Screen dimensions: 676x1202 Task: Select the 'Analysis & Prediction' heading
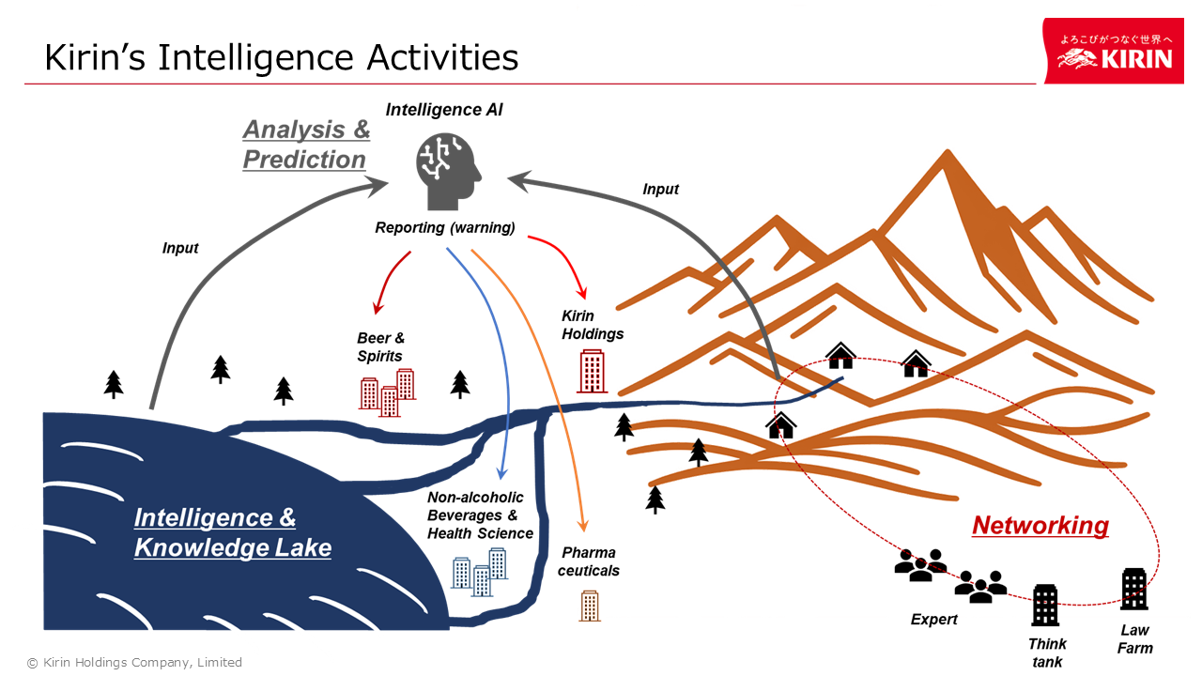tap(306, 145)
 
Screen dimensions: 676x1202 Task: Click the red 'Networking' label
tap(1040, 526)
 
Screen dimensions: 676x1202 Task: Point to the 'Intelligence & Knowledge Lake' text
tap(232, 532)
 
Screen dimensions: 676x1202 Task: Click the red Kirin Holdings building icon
tap(592, 371)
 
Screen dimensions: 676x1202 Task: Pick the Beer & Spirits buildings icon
tap(387, 392)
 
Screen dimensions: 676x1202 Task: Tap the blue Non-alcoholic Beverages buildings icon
tap(479, 570)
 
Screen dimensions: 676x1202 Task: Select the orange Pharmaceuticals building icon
tap(590, 606)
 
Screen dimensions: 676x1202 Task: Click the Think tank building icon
tap(1045, 605)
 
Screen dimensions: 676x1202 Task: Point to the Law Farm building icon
tap(1134, 589)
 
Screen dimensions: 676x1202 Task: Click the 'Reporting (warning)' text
tap(445, 227)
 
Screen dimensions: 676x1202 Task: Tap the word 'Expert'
tap(934, 620)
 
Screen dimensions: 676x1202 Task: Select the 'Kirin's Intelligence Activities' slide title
tap(282, 57)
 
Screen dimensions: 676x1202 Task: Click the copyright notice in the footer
tap(134, 662)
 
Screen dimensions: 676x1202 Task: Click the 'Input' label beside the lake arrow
tap(180, 248)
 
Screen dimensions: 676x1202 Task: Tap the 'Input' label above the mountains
tap(660, 189)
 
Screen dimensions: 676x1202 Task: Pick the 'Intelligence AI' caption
tap(444, 110)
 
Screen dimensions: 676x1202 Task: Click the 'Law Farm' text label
tap(1134, 638)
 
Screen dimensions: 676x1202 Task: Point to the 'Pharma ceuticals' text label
tap(590, 561)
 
